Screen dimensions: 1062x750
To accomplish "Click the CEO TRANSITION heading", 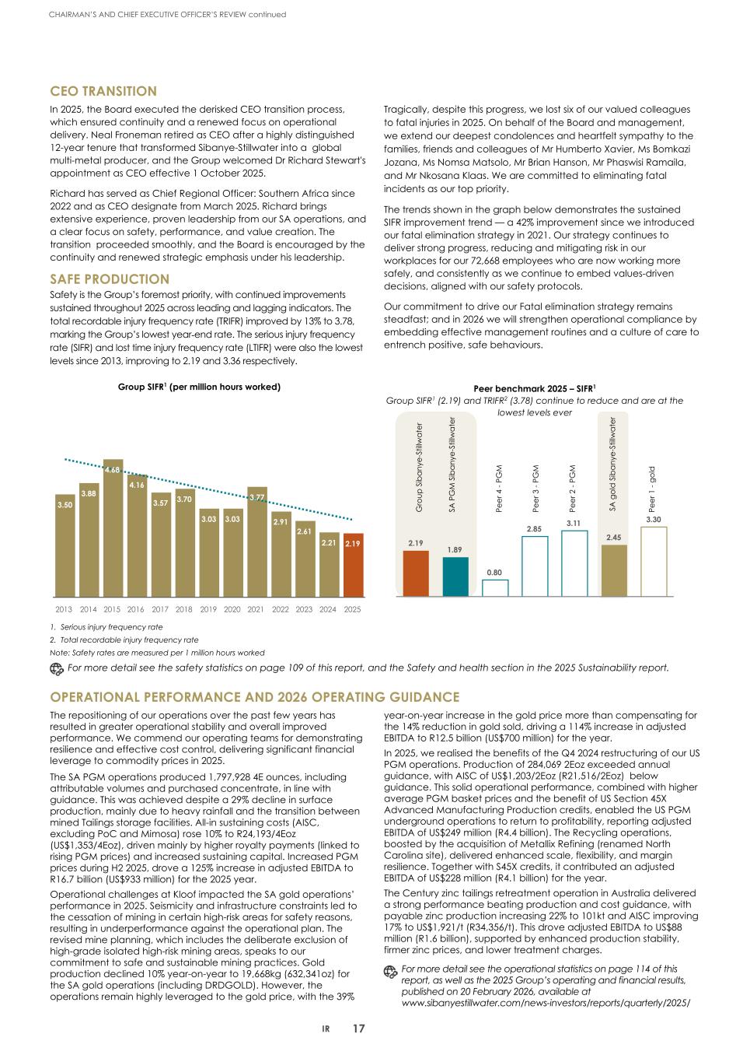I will (x=103, y=92).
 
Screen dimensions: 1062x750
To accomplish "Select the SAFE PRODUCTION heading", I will (x=110, y=279).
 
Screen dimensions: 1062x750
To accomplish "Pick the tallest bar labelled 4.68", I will (x=113, y=529).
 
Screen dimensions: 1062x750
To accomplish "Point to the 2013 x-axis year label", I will (x=65, y=609).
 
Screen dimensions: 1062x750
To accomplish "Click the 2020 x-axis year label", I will (x=232, y=609).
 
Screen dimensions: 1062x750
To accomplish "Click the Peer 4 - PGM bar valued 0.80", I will (x=495, y=587).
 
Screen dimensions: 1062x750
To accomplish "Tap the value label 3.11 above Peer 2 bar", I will (x=574, y=524).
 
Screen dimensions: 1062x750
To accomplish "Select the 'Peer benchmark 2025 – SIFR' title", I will (x=534, y=387).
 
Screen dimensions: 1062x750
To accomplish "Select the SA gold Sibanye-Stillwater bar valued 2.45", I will (x=614, y=571).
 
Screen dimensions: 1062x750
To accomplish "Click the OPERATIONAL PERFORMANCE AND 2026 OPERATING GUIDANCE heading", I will (x=255, y=697).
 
